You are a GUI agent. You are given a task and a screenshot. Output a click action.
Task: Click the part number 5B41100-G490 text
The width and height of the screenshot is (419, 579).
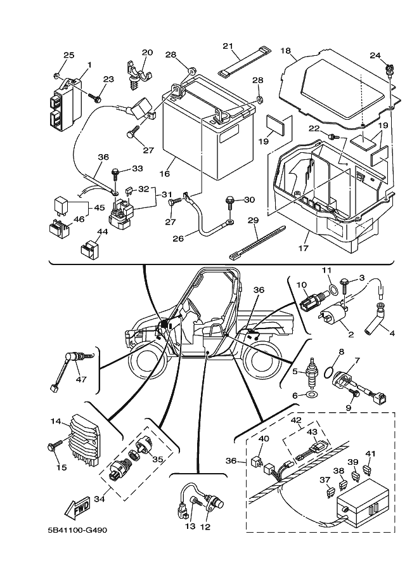pos(72,530)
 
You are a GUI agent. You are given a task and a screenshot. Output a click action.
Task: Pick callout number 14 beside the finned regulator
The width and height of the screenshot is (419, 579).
pos(55,421)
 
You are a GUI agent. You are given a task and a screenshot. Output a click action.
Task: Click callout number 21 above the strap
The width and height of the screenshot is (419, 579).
pos(228,46)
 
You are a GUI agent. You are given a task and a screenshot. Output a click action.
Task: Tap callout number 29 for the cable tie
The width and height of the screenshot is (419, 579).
pos(253,220)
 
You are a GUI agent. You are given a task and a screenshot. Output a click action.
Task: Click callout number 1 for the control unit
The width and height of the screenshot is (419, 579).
pos(89,64)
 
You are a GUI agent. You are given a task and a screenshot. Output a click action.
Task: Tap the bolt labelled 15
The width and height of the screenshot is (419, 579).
pos(53,447)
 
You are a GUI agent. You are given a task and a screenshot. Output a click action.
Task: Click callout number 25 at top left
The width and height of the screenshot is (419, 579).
pos(69,55)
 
